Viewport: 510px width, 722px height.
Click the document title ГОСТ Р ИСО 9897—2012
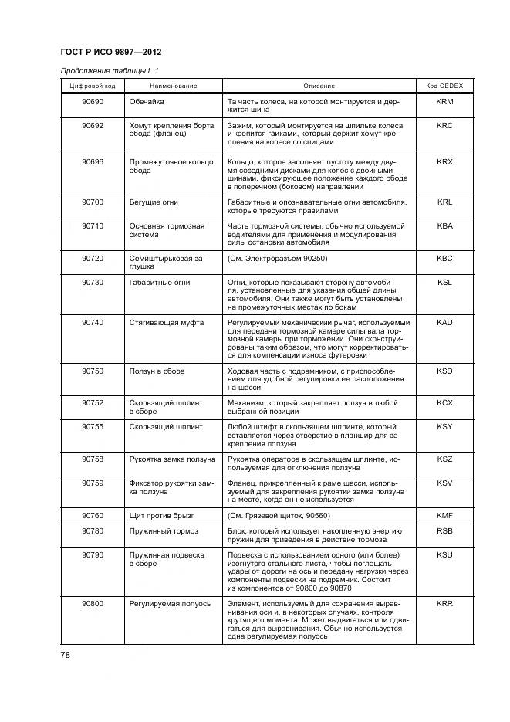pyautogui.click(x=110, y=53)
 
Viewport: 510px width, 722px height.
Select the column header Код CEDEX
pyautogui.click(x=444, y=86)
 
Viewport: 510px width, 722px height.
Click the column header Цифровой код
pyautogui.click(x=93, y=86)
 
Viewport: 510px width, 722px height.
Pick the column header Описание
pyautogui.click(x=319, y=86)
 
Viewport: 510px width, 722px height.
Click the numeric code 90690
pyautogui.click(x=93, y=102)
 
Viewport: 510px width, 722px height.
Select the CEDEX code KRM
pyautogui.click(x=444, y=102)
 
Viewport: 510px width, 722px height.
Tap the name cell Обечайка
pyautogui.click(x=147, y=102)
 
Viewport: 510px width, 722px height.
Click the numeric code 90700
pyautogui.click(x=93, y=202)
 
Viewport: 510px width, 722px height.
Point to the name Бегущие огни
pyautogui.click(x=154, y=202)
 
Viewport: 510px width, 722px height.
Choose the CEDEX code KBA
pyautogui.click(x=444, y=226)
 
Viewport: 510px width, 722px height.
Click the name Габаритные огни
pyautogui.click(x=159, y=283)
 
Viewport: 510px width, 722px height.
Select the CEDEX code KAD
pyautogui.click(x=444, y=323)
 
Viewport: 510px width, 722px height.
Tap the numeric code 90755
pyautogui.click(x=93, y=427)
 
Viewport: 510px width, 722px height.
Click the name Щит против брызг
pyautogui.click(x=162, y=515)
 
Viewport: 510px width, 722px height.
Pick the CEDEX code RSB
pyautogui.click(x=444, y=531)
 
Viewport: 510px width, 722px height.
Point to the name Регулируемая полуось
pyautogui.click(x=170, y=604)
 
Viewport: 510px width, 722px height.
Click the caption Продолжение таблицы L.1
pyautogui.click(x=104, y=71)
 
